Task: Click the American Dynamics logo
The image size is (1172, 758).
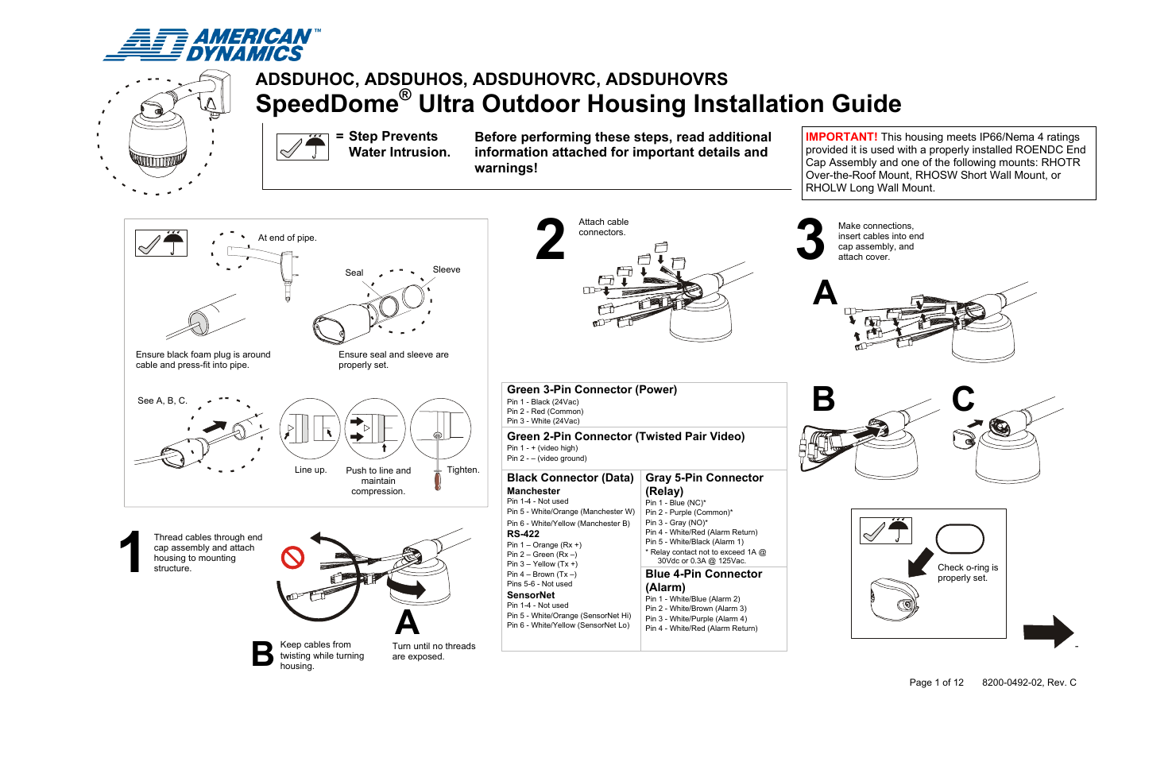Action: click(x=211, y=45)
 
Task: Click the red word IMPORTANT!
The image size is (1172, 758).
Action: click(x=841, y=137)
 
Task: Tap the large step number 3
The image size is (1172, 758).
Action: click(x=810, y=239)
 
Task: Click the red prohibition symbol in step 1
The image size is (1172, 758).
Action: click(x=293, y=557)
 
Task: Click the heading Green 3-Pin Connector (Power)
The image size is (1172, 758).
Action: click(x=592, y=389)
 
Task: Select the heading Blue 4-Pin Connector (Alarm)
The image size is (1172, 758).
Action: click(x=703, y=580)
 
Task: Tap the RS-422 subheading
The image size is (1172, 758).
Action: click(x=523, y=534)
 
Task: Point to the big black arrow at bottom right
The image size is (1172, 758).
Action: click(x=1048, y=632)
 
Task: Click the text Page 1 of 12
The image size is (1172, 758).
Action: click(x=936, y=683)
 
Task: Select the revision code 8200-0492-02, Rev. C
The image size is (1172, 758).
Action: click(x=1029, y=683)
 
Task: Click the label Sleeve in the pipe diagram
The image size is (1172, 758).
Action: click(x=447, y=269)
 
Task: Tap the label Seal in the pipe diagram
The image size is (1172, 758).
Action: click(x=354, y=273)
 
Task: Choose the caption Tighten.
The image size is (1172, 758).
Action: click(x=462, y=470)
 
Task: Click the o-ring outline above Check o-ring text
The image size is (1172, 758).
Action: click(x=960, y=539)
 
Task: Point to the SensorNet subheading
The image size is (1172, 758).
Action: click(x=531, y=595)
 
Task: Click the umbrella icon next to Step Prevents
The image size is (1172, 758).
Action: click(x=316, y=146)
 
